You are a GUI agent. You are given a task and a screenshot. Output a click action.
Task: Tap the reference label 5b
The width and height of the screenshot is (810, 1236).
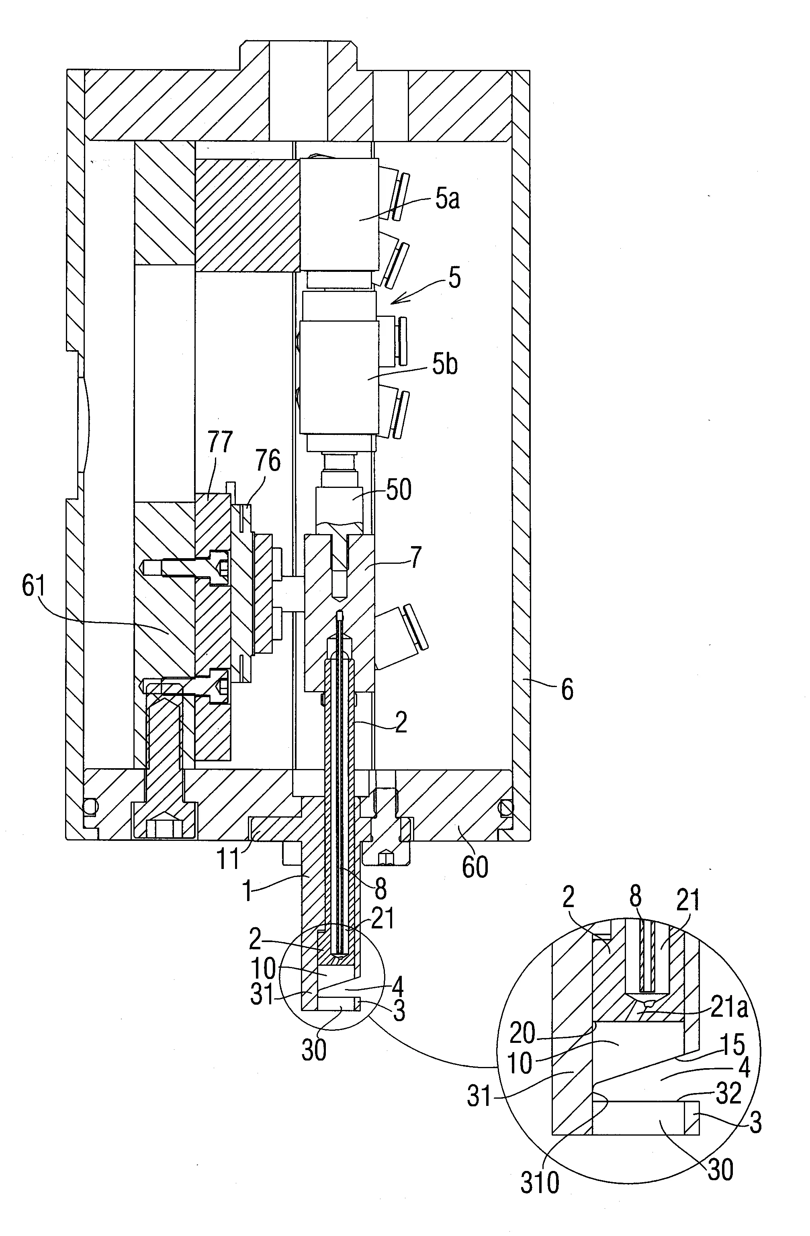(445, 365)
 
